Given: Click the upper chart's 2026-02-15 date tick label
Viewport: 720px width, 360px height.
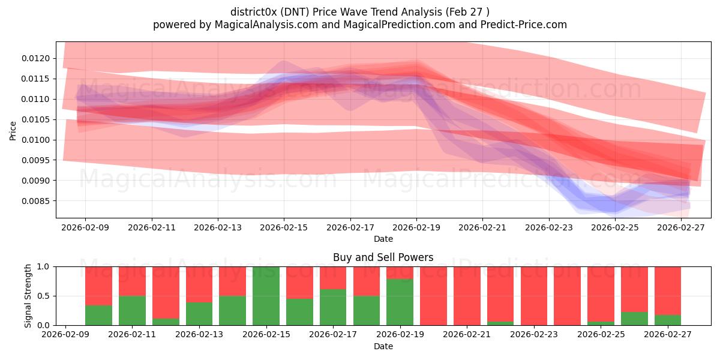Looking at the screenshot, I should [284, 227].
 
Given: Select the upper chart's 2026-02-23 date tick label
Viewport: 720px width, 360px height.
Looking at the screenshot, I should [549, 227].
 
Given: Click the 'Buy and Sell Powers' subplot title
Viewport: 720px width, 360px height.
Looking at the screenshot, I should [383, 257].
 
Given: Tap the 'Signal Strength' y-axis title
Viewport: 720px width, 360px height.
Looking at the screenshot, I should [28, 296].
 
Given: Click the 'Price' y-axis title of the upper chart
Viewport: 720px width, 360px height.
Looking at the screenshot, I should [13, 130].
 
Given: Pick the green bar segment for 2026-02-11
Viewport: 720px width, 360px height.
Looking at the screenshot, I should [132, 310].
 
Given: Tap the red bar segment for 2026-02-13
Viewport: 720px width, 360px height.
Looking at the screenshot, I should [199, 284].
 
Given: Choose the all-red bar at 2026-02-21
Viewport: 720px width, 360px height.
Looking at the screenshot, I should [467, 296].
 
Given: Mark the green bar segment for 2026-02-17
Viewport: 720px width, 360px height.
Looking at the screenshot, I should [333, 307].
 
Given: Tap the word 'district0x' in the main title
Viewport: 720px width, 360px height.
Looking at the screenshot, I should [252, 12].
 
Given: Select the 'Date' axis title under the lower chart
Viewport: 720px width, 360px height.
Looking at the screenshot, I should [383, 346].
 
